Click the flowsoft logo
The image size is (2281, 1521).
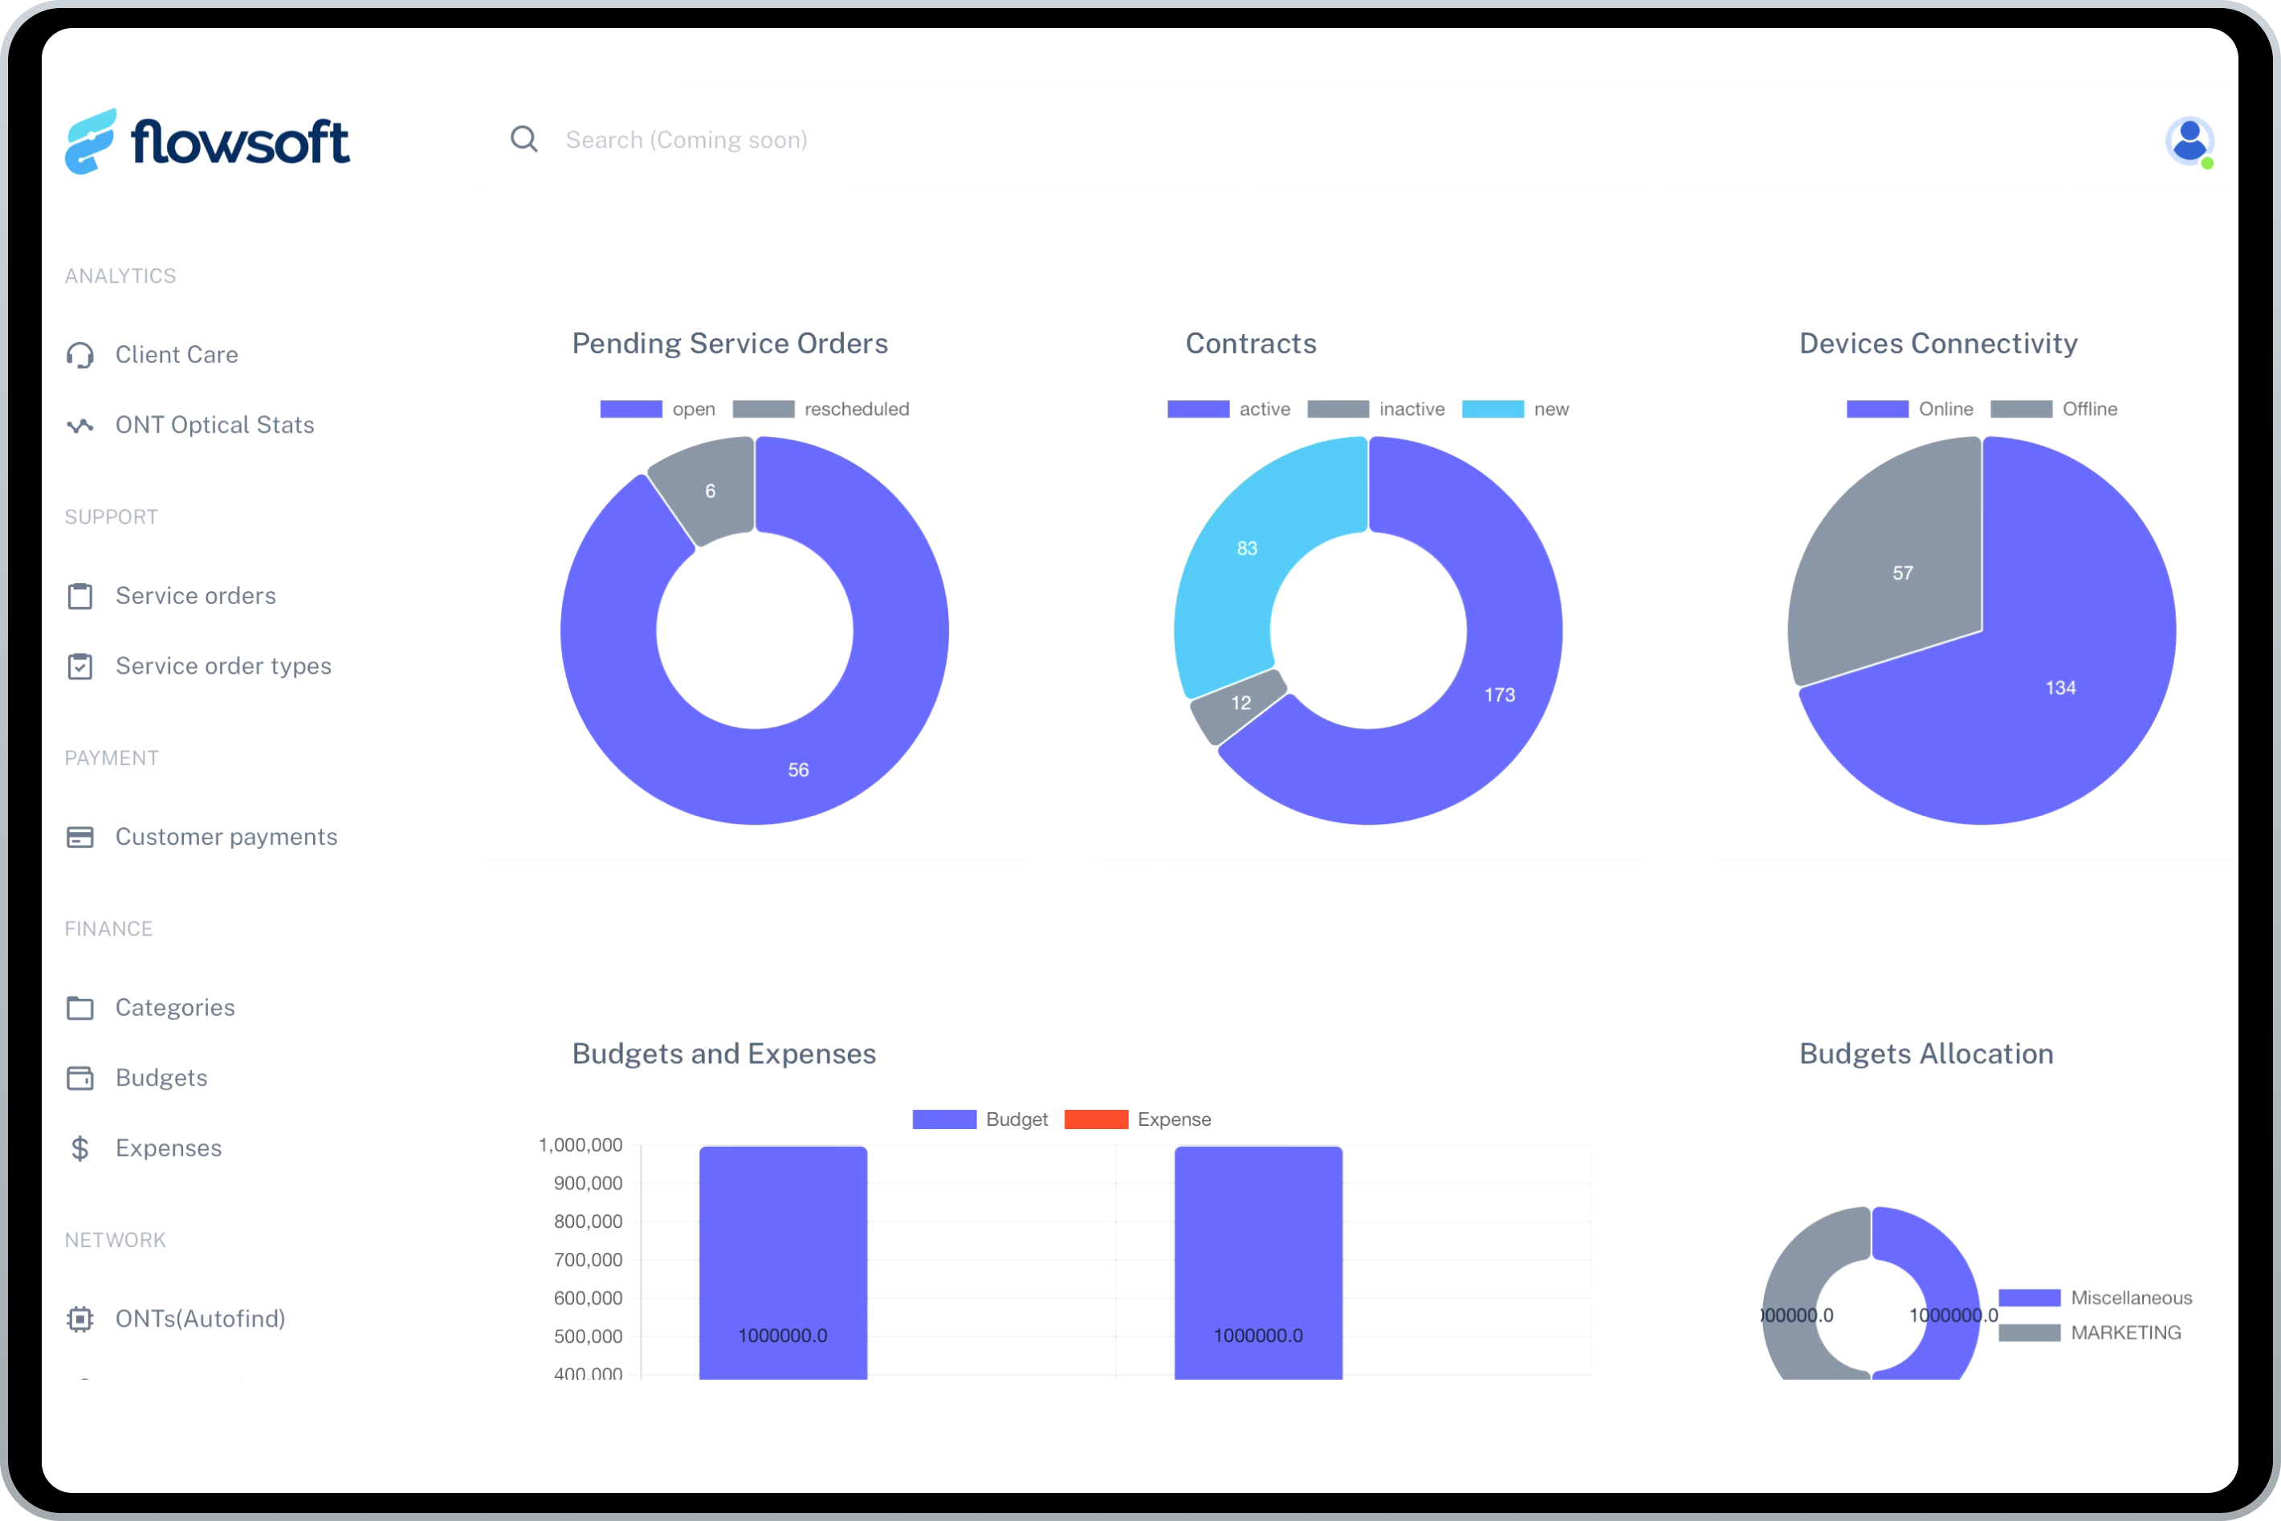[x=207, y=141]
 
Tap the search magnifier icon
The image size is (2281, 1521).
[x=523, y=140]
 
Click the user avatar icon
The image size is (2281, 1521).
[x=2189, y=141]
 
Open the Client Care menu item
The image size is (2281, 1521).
[x=177, y=355]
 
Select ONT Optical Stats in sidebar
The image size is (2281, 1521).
[x=214, y=425]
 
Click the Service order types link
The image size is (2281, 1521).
[x=223, y=667]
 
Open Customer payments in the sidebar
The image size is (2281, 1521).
[x=226, y=837]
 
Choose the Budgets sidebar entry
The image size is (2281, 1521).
[x=161, y=1078]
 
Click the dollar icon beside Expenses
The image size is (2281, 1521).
[x=80, y=1148]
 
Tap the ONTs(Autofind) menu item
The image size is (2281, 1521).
[x=200, y=1319]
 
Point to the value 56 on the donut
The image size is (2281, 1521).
[x=798, y=770]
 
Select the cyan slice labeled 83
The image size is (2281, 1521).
[x=1247, y=549]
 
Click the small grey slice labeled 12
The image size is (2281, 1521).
[x=1240, y=703]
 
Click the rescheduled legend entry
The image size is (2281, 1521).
[x=822, y=410]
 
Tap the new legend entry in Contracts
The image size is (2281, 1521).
[x=1516, y=410]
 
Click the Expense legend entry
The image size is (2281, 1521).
[x=1138, y=1119]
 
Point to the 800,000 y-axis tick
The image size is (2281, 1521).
[x=588, y=1222]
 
